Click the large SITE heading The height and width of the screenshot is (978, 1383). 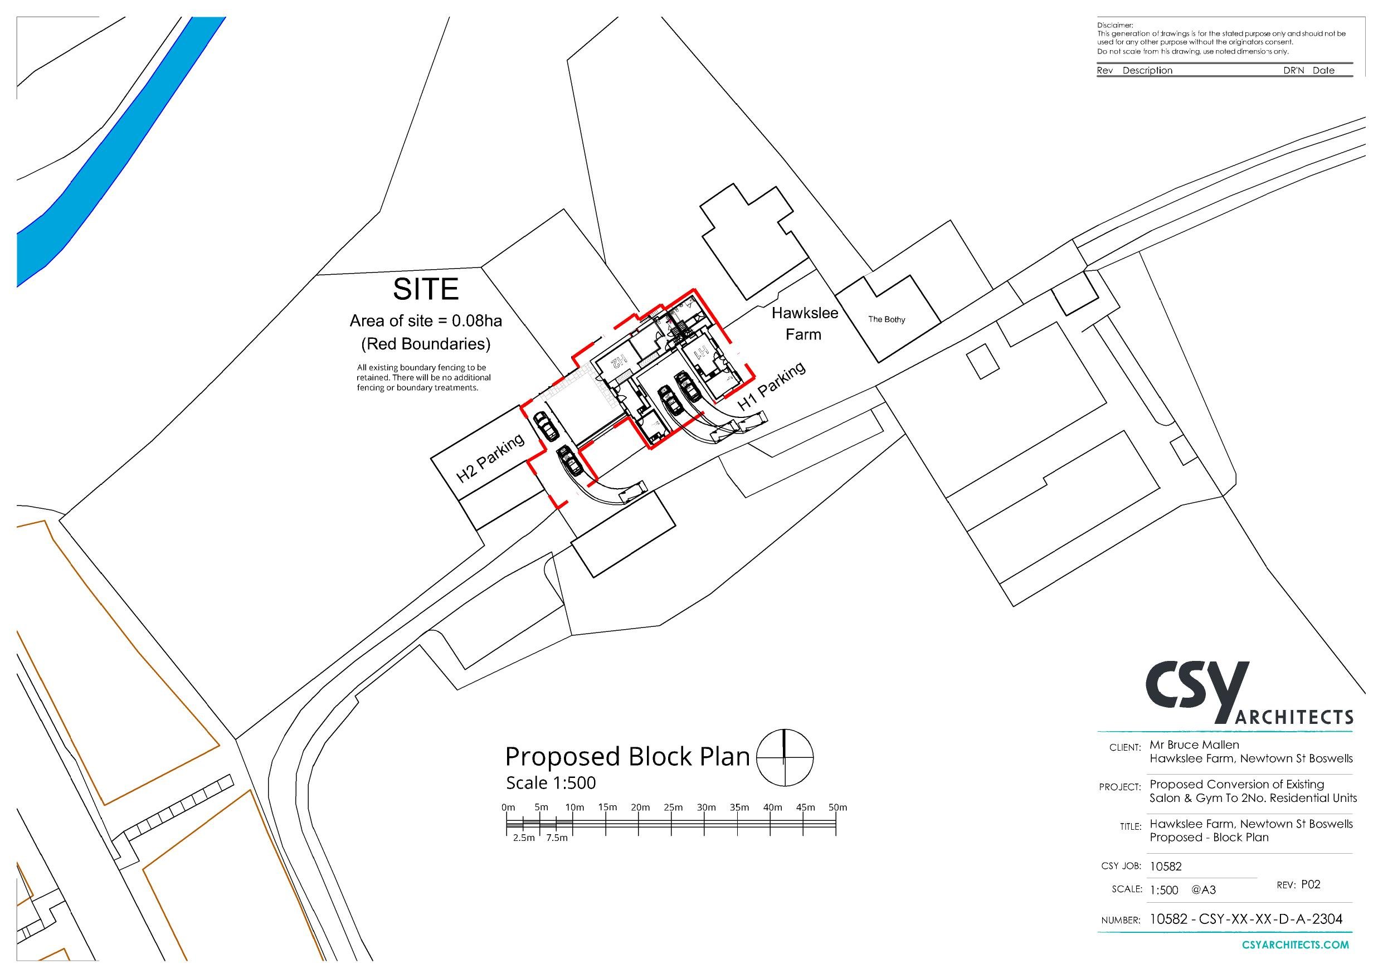tap(425, 289)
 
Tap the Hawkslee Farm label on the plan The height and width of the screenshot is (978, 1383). tap(804, 324)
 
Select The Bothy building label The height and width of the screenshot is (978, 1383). tap(886, 319)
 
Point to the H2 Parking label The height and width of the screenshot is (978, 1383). tap(490, 459)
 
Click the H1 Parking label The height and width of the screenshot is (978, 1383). tap(772, 386)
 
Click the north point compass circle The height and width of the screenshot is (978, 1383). tap(784, 757)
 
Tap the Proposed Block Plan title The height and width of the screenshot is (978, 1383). tap(626, 757)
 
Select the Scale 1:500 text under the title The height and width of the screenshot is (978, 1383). tap(551, 783)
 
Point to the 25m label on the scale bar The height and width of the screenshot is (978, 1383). tap(674, 807)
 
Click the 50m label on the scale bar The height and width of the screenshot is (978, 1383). tap(837, 807)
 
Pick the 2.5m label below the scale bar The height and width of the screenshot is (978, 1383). tap(523, 838)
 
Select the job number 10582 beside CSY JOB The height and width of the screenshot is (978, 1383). tap(1166, 867)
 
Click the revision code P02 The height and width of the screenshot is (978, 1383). tap(1311, 884)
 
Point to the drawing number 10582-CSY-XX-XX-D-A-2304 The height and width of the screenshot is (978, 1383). tap(1246, 919)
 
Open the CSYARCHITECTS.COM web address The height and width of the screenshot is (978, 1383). tap(1295, 945)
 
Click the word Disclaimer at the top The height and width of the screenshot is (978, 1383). tap(1114, 25)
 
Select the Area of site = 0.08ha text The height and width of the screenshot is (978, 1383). tap(425, 321)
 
